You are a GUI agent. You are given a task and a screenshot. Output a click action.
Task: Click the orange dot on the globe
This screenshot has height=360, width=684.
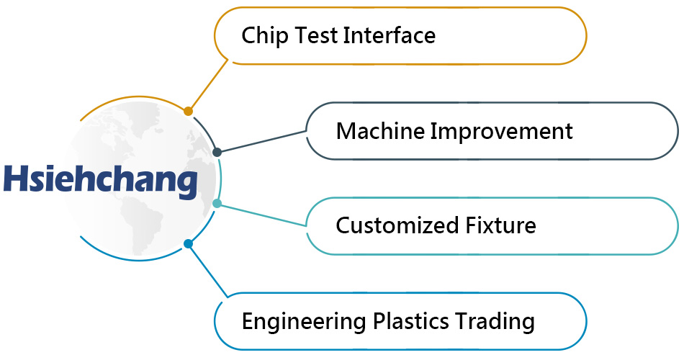tap(188, 112)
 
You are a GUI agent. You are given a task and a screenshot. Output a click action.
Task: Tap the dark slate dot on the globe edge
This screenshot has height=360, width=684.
tap(217, 152)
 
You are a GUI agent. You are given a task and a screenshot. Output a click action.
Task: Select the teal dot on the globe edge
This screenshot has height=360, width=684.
tap(217, 203)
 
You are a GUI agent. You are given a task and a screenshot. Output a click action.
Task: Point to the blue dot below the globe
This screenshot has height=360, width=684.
tap(188, 243)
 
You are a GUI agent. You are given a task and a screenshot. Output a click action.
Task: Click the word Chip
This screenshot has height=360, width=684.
tap(264, 36)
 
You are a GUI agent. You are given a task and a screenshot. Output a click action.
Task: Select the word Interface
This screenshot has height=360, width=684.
tap(390, 35)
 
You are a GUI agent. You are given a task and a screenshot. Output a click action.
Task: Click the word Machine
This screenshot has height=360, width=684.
tap(379, 131)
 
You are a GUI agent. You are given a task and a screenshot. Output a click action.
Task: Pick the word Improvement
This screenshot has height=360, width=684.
tap(502, 132)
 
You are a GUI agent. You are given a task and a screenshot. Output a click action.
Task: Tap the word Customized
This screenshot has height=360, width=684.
tap(397, 225)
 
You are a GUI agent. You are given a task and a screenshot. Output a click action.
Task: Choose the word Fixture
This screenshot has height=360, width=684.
tap(501, 225)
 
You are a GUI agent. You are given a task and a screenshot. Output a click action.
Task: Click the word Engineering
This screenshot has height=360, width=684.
tap(304, 322)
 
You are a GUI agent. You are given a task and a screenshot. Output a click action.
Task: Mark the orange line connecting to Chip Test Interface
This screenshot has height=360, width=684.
tap(208, 85)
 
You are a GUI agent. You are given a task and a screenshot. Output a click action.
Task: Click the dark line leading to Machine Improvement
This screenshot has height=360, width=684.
tap(263, 141)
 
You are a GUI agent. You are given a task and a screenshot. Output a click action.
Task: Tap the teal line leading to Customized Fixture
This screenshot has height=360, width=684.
tap(263, 215)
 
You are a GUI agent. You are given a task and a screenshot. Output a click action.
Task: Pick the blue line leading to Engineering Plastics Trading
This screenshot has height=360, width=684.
tap(208, 271)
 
